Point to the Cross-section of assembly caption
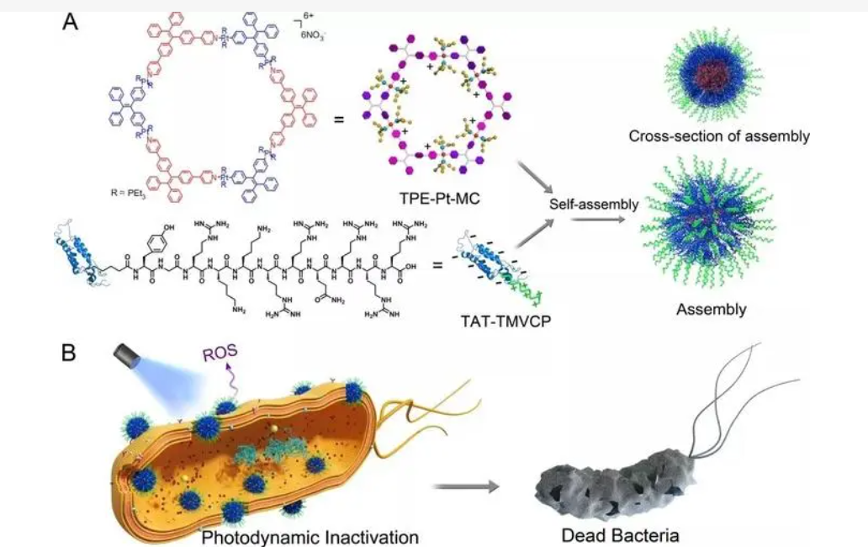(719, 135)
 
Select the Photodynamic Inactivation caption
(309, 535)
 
